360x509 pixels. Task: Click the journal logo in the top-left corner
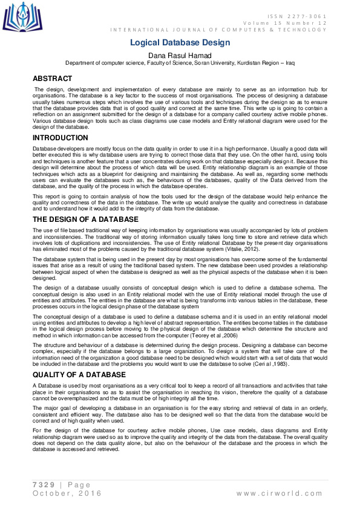pos(23,17)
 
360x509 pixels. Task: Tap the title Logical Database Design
pos(180,42)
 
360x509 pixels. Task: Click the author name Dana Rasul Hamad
pos(180,55)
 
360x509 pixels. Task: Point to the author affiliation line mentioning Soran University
pos(180,63)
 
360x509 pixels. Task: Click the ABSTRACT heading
pos(52,79)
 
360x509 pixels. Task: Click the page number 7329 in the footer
pos(45,485)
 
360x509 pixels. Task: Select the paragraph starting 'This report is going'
pos(180,186)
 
